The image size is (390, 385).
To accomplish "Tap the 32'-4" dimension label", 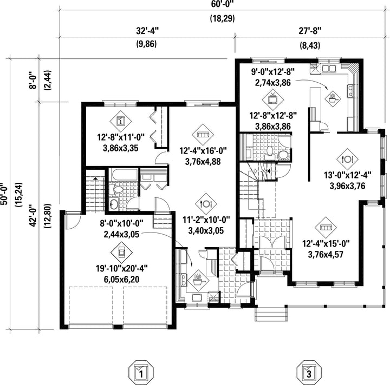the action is pyautogui.click(x=147, y=31).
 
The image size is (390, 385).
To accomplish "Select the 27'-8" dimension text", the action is pyautogui.click(x=310, y=31).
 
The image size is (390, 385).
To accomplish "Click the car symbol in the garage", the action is pyautogui.click(x=122, y=253).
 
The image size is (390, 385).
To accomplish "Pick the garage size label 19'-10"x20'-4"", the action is pyautogui.click(x=122, y=268).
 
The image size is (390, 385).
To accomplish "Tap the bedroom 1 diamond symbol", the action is pyautogui.click(x=121, y=121).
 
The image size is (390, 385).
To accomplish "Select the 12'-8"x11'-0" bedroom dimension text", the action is pyautogui.click(x=121, y=137).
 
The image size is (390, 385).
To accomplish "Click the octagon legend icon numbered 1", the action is pyautogui.click(x=141, y=372).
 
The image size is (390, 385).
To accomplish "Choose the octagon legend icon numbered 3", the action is pyautogui.click(x=309, y=372).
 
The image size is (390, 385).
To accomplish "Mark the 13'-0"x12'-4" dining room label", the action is pyautogui.click(x=348, y=175).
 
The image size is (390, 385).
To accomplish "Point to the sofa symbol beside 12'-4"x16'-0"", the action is pyautogui.click(x=203, y=135).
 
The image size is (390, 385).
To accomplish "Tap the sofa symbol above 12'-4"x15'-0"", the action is pyautogui.click(x=326, y=228).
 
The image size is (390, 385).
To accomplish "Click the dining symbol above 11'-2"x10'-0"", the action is pyautogui.click(x=206, y=204).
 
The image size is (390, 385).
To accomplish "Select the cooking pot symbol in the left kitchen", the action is pyautogui.click(x=198, y=280).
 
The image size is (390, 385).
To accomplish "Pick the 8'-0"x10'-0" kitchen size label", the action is pyautogui.click(x=122, y=223).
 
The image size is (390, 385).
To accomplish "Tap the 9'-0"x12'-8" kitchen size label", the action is pyautogui.click(x=272, y=72).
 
